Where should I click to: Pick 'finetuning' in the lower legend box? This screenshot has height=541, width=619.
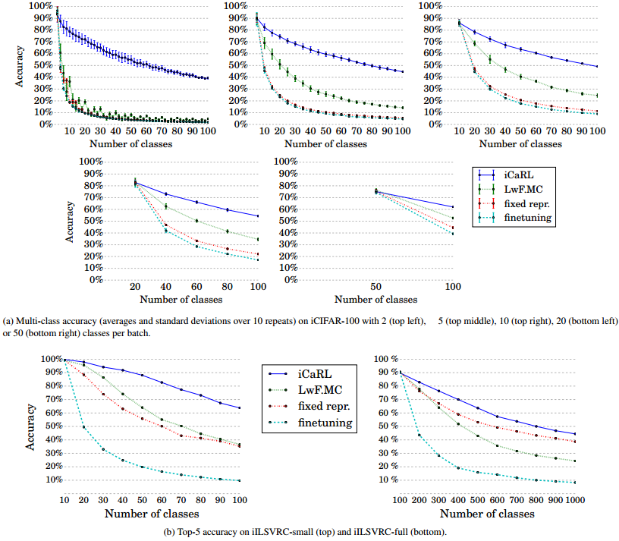tap(327, 423)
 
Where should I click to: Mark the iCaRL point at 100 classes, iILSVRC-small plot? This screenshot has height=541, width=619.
tap(240, 408)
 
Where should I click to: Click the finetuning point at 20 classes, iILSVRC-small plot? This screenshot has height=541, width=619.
tap(84, 427)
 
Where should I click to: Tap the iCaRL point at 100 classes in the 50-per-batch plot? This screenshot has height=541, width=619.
tap(453, 207)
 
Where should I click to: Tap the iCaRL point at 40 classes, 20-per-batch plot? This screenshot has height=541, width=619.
tap(166, 194)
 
